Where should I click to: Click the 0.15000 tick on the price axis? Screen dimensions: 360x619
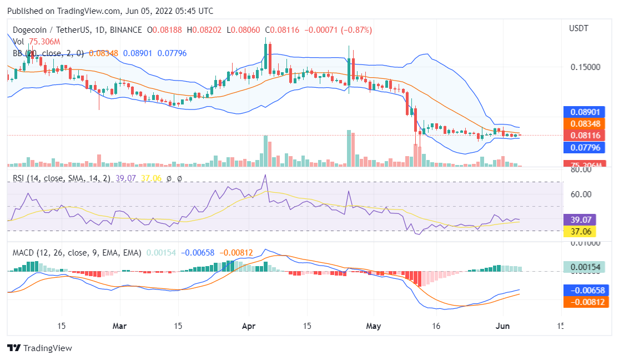click(585, 67)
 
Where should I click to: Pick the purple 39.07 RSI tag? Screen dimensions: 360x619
click(580, 219)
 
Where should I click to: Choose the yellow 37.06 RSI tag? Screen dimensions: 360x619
click(580, 231)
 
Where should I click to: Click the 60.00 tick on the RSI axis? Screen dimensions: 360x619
click(580, 194)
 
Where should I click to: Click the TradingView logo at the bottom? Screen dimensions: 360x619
click(40, 348)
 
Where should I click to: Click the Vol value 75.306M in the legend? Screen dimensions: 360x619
click(44, 42)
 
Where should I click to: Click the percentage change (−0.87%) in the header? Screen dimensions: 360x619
click(353, 29)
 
